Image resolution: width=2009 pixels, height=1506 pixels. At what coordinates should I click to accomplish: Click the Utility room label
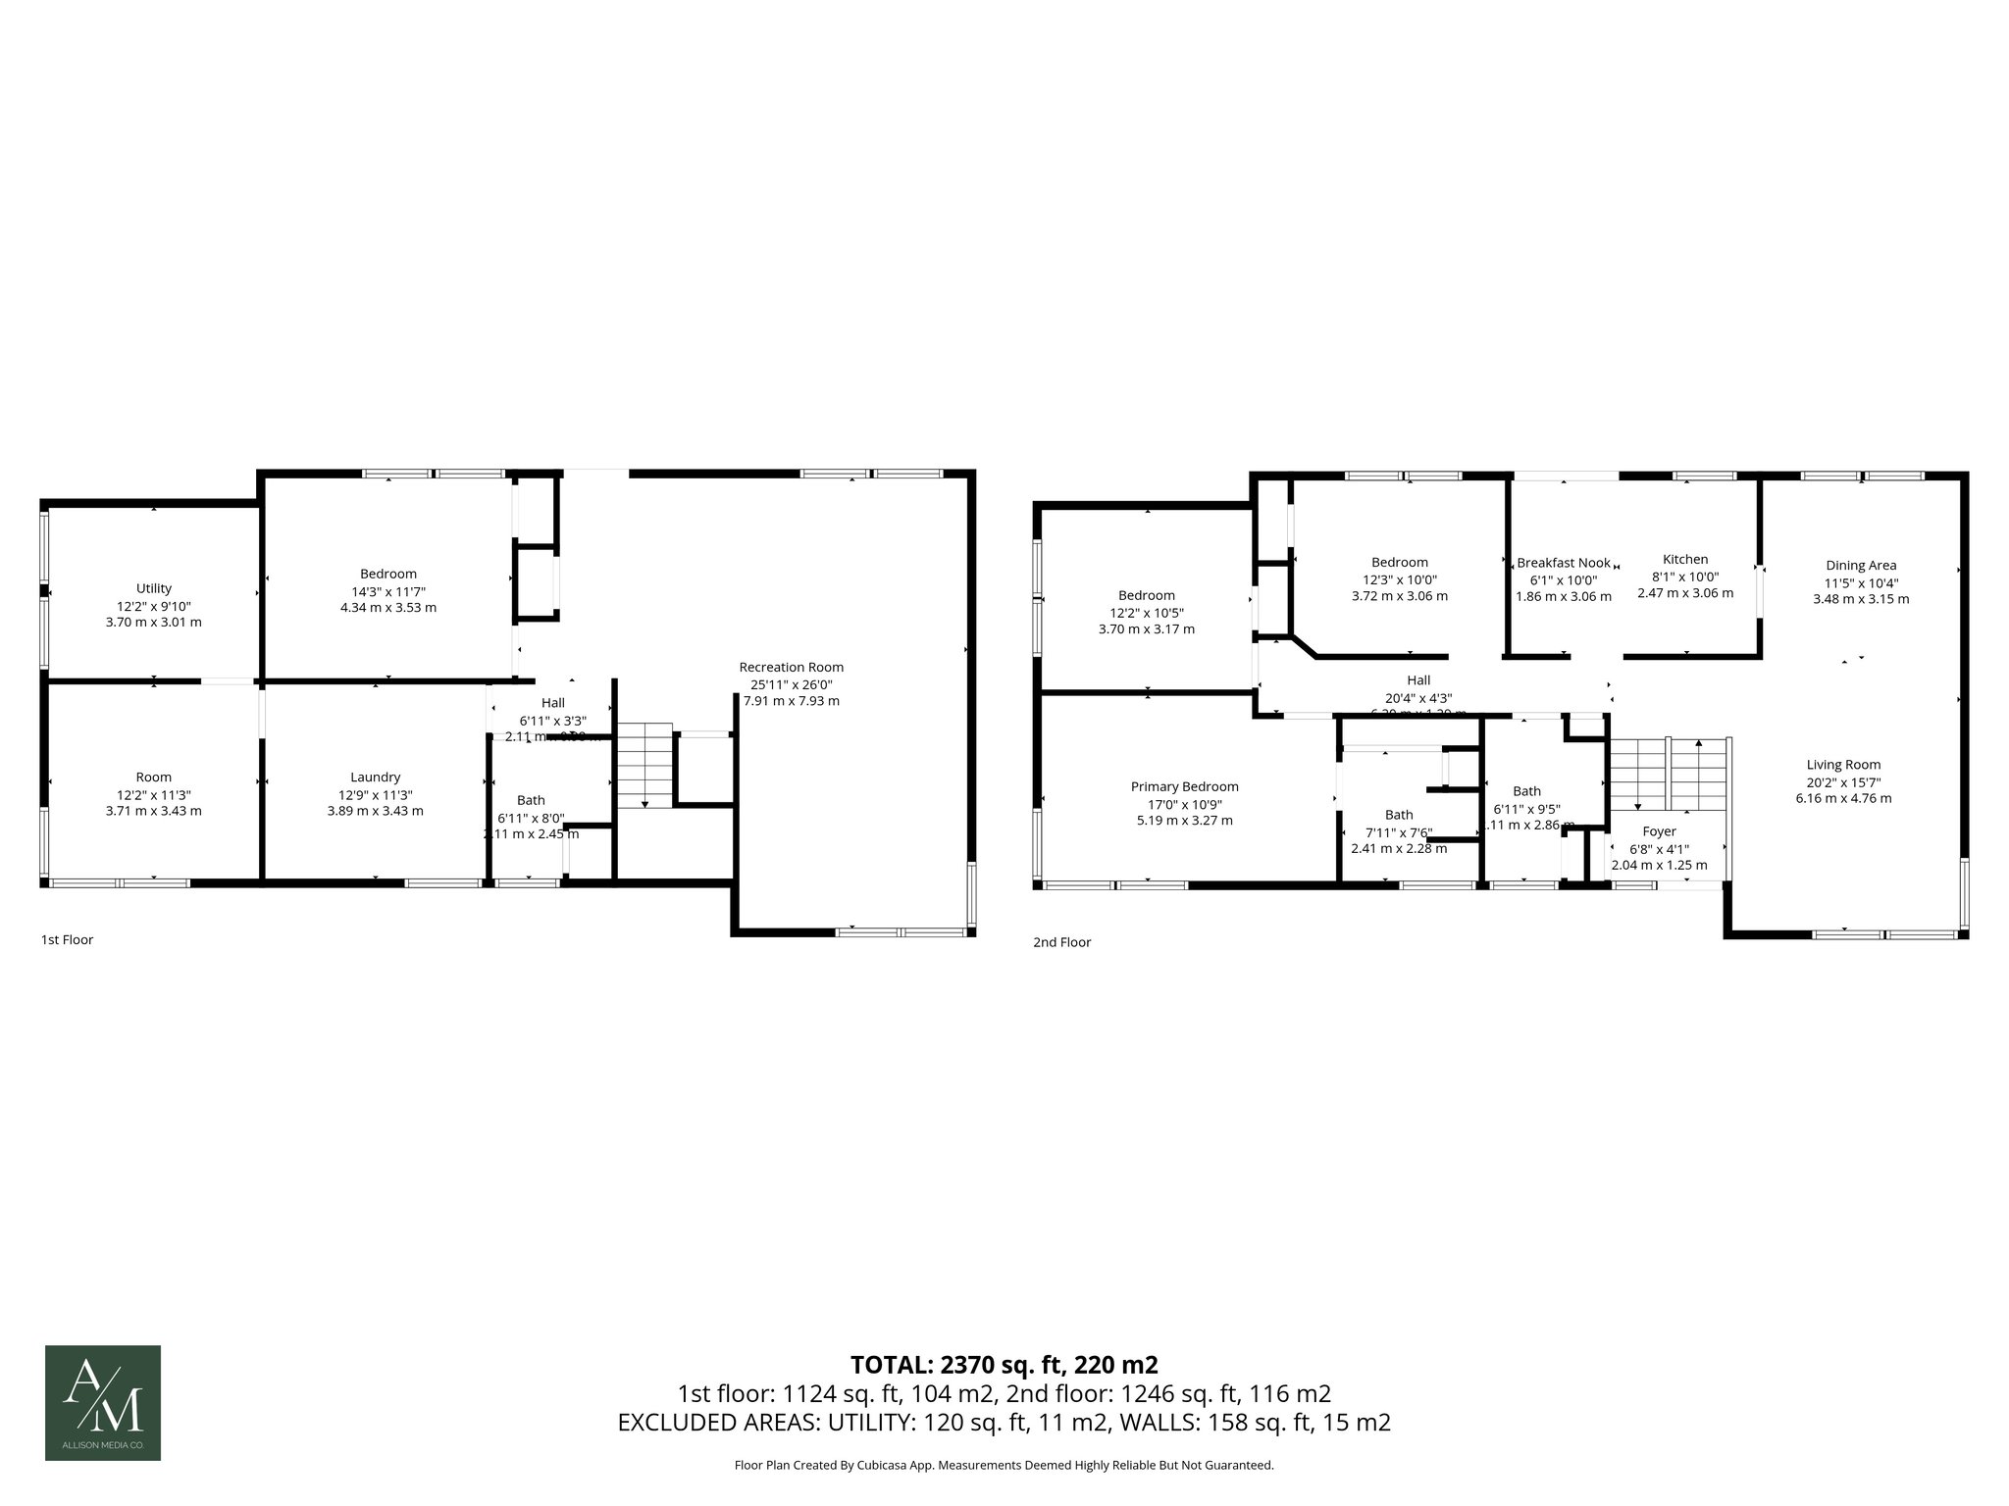click(154, 588)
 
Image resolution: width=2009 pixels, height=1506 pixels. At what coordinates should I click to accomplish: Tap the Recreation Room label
click(791, 668)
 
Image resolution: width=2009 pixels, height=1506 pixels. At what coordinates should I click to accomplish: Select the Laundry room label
click(375, 778)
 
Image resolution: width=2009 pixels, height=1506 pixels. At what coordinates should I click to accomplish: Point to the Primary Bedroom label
click(1184, 786)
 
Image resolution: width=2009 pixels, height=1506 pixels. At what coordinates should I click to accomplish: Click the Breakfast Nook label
click(1564, 563)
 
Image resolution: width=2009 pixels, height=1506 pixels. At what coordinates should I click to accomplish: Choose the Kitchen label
click(1685, 560)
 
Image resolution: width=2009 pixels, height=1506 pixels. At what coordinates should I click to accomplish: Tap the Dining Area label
click(1861, 566)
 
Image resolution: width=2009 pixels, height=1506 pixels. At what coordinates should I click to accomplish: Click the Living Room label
click(1843, 765)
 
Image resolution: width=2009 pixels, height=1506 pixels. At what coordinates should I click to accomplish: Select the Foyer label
click(1660, 831)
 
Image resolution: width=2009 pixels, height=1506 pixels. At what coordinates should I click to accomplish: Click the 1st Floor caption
click(67, 939)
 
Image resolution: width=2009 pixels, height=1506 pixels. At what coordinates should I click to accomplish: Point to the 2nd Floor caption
click(1061, 942)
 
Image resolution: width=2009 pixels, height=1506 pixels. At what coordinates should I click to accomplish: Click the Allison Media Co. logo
click(103, 1403)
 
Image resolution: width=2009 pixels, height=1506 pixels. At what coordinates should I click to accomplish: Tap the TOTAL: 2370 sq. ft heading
click(1004, 1365)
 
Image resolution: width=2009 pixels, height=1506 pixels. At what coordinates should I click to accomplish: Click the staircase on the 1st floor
click(644, 766)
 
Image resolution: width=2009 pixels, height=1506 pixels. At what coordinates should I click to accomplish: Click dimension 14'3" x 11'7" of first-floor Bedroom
click(387, 591)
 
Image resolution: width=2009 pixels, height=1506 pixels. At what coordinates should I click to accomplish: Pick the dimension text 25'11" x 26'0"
click(791, 684)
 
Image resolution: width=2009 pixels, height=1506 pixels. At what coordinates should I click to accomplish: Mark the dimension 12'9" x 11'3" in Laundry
click(375, 794)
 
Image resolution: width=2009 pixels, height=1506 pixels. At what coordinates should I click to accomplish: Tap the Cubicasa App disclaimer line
click(1004, 1465)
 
